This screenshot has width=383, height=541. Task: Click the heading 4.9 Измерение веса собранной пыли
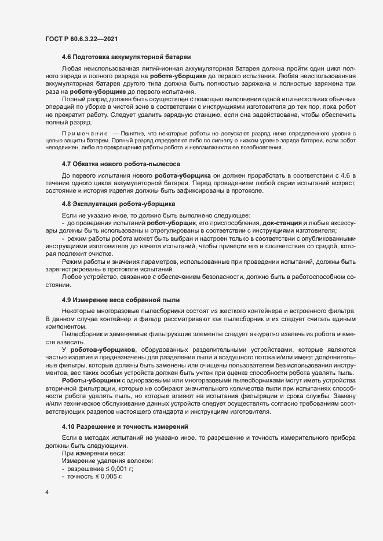121,299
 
